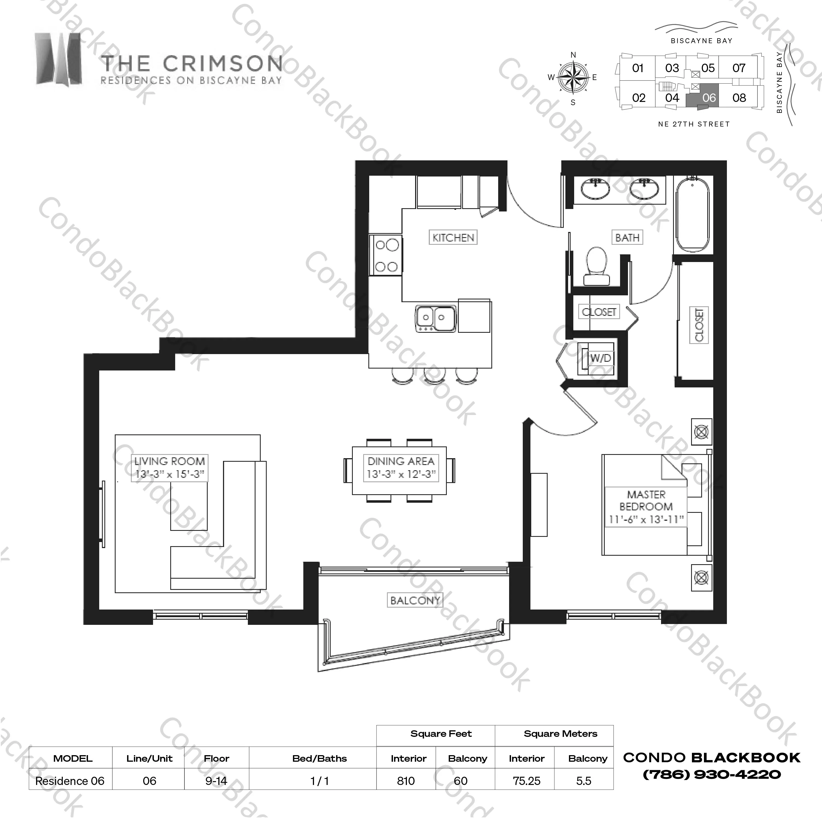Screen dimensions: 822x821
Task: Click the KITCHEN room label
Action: click(453, 237)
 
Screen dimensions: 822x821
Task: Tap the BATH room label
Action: click(627, 237)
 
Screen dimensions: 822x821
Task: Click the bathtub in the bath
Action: click(693, 215)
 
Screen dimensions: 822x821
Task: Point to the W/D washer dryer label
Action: click(600, 358)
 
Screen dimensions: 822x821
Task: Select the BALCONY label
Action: click(415, 600)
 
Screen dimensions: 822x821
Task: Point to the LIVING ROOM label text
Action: click(170, 461)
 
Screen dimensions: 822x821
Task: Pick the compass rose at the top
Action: click(573, 77)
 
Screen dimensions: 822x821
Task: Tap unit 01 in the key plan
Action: click(637, 68)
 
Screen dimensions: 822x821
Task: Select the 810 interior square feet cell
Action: click(406, 781)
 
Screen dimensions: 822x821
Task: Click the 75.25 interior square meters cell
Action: click(526, 781)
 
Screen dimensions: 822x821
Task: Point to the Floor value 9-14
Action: click(216, 781)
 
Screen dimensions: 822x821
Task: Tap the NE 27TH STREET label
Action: click(694, 124)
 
